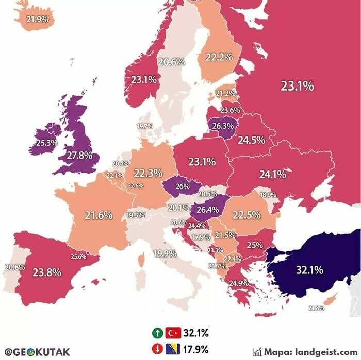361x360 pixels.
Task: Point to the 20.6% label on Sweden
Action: [171, 62]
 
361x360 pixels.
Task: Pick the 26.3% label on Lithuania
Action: [223, 125]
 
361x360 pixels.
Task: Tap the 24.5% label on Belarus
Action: [251, 140]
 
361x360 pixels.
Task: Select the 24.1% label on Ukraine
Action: [272, 175]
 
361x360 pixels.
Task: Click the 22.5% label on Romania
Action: [247, 215]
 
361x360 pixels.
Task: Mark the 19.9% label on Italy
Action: [165, 253]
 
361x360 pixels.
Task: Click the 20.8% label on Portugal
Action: [14, 267]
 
